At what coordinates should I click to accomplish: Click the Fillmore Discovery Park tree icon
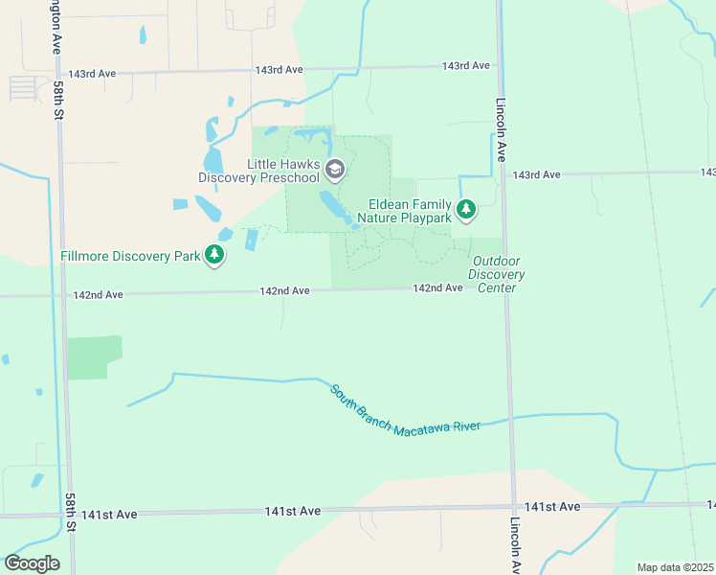[215, 255]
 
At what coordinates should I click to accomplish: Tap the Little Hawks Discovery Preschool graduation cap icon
[334, 171]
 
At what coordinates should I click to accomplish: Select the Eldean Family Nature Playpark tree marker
[466, 208]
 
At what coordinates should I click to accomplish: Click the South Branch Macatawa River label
[405, 410]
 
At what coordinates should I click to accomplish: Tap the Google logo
[32, 563]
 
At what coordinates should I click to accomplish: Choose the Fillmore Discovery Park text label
[130, 256]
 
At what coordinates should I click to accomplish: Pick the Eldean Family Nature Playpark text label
[404, 211]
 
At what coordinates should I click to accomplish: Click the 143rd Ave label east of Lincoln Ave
[536, 175]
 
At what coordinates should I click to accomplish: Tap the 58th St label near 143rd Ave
[58, 100]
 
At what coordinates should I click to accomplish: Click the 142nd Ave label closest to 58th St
[99, 295]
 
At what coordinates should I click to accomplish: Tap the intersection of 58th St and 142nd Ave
[62, 296]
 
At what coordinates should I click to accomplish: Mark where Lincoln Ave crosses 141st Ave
[513, 507]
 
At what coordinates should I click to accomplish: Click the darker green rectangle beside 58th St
[93, 357]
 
